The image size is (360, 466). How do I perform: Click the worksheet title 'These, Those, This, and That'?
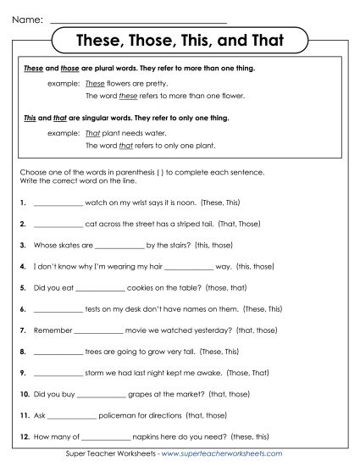180,41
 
